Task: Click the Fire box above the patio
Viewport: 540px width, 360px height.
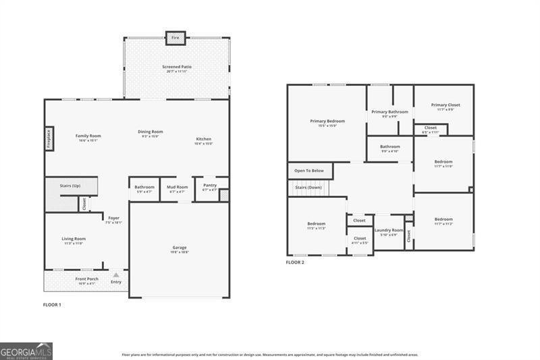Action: pyautogui.click(x=176, y=37)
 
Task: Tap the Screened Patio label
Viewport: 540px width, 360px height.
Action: pyautogui.click(x=177, y=67)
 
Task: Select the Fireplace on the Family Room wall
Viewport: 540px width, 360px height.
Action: pyautogui.click(x=49, y=138)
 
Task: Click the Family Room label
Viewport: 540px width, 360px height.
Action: pyautogui.click(x=88, y=136)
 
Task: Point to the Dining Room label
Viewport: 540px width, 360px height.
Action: pyautogui.click(x=152, y=132)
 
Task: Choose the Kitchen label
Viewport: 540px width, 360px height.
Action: pyautogui.click(x=204, y=139)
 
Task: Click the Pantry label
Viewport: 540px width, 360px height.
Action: pyautogui.click(x=210, y=185)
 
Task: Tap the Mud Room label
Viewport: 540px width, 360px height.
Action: pyautogui.click(x=178, y=187)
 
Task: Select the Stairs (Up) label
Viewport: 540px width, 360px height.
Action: pyautogui.click(x=71, y=185)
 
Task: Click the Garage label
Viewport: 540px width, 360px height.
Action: pyautogui.click(x=179, y=248)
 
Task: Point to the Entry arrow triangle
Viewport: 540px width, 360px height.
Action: pyautogui.click(x=116, y=275)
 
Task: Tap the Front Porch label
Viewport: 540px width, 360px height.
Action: pyautogui.click(x=86, y=279)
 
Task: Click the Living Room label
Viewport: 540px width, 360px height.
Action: pyautogui.click(x=74, y=238)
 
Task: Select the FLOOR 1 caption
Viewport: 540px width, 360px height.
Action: pyautogui.click(x=52, y=305)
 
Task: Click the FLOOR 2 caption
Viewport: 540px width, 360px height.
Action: pyautogui.click(x=295, y=262)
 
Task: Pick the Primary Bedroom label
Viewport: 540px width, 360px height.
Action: pyautogui.click(x=327, y=121)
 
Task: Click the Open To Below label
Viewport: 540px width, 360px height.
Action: pyautogui.click(x=308, y=171)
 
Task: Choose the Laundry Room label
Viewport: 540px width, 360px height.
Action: pyautogui.click(x=389, y=230)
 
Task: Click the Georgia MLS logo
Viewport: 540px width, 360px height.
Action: pyautogui.click(x=26, y=351)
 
